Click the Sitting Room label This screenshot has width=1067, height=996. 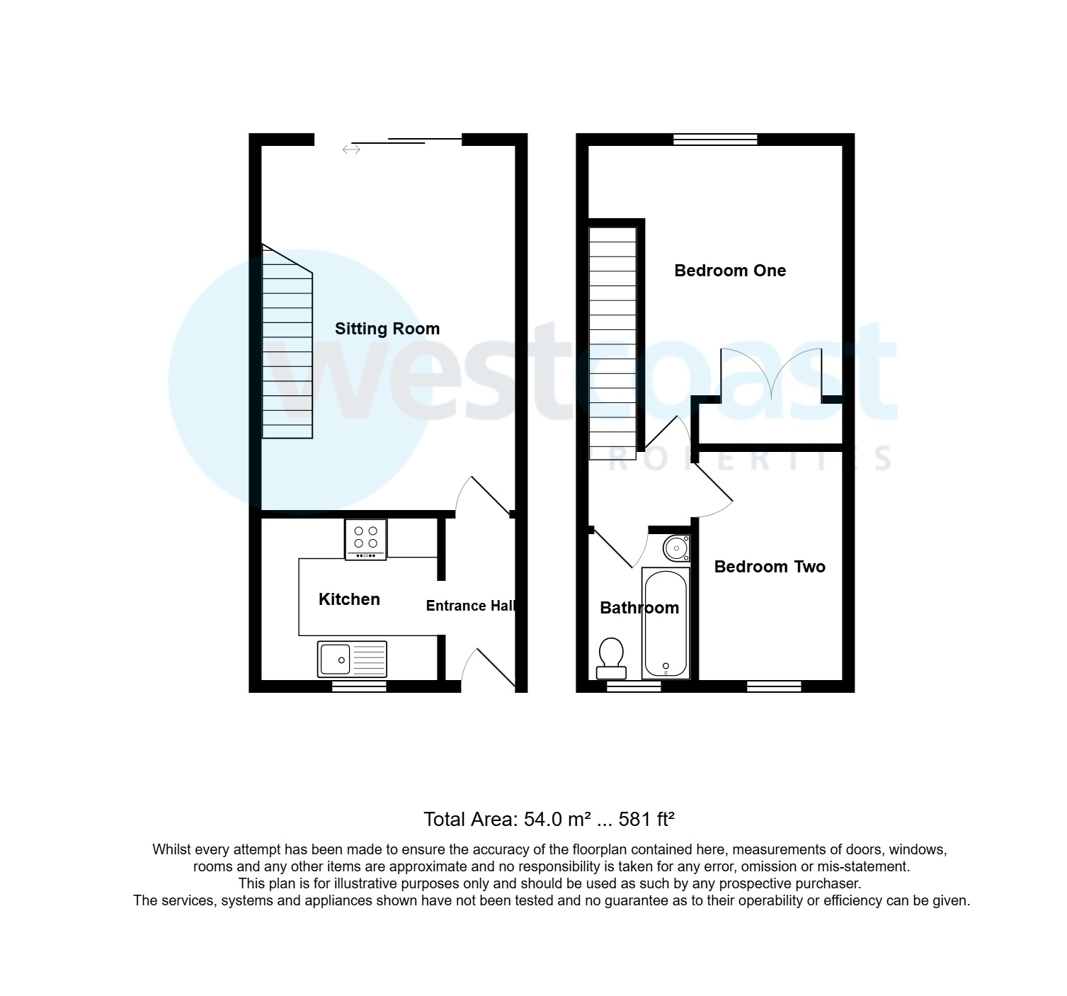pyautogui.click(x=387, y=329)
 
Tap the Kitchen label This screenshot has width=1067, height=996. pyautogui.click(x=349, y=599)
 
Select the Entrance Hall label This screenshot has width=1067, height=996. pyautogui.click(x=470, y=606)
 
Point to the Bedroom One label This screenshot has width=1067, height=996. pyautogui.click(x=730, y=271)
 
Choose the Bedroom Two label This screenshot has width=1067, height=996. pyautogui.click(x=770, y=567)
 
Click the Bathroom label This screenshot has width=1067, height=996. pyautogui.click(x=639, y=608)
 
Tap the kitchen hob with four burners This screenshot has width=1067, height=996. pyautogui.click(x=366, y=539)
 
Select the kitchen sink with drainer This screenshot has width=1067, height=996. pyautogui.click(x=353, y=659)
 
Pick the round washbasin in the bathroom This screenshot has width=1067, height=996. pyautogui.click(x=677, y=548)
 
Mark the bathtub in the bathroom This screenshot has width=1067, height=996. pyautogui.click(x=666, y=623)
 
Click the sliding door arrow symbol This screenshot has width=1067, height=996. pyautogui.click(x=351, y=149)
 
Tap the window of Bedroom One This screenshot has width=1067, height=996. pyautogui.click(x=715, y=140)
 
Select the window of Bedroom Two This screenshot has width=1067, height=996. pyautogui.click(x=774, y=686)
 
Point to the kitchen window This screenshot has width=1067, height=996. pyautogui.click(x=360, y=686)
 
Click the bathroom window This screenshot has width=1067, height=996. pyautogui.click(x=634, y=686)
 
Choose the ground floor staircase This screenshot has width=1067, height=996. pyautogui.click(x=287, y=347)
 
